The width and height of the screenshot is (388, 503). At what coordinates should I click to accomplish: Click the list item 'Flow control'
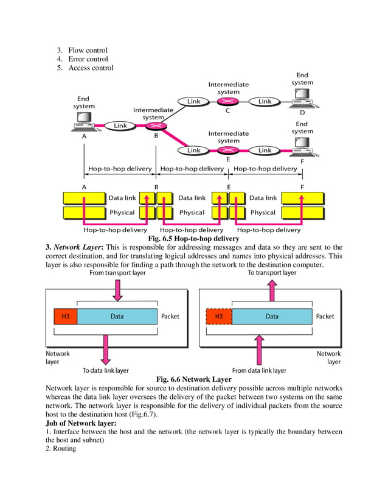pos(88,50)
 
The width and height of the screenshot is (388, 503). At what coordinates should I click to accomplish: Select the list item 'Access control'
pos(91,68)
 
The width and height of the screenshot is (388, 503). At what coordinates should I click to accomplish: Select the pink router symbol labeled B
pos(152,125)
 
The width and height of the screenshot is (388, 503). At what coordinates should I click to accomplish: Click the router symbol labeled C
pos(227,101)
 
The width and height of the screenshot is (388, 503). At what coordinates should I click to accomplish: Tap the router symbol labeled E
pos(227,150)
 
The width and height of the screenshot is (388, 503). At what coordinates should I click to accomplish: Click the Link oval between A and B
pos(120,125)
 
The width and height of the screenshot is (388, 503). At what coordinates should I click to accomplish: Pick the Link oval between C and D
pos(265,101)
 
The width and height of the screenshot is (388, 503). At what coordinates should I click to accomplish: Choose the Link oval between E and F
pos(265,150)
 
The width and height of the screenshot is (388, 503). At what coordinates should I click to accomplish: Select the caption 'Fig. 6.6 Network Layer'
pos(193,379)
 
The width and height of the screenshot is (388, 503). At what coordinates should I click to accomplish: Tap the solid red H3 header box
pos(66,317)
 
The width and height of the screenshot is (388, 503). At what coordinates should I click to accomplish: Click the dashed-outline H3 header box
pos(219,317)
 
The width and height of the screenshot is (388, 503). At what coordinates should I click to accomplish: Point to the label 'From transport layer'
pos(117,273)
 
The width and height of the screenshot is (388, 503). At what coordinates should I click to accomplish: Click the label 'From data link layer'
pos(259,370)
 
